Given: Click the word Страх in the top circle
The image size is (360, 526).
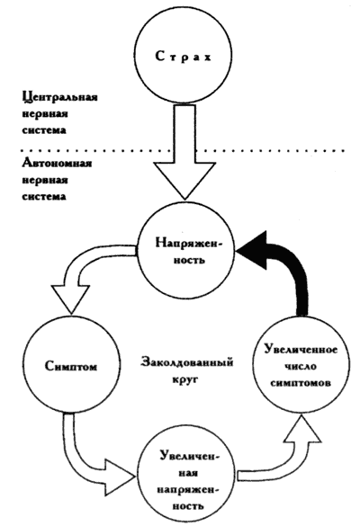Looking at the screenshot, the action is [x=183, y=57].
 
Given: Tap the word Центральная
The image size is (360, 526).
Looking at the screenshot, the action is [x=60, y=97].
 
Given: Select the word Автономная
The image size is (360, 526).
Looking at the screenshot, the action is [x=57, y=164].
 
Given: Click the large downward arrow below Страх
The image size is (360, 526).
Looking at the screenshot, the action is [x=184, y=152].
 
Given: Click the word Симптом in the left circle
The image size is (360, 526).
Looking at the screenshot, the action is [x=71, y=366].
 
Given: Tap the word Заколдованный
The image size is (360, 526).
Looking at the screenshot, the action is [x=186, y=362].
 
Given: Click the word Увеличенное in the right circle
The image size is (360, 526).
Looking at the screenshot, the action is [x=301, y=349].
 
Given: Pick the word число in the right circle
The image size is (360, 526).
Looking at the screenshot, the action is [x=301, y=366].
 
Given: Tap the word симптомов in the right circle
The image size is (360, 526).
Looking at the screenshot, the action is [x=301, y=383].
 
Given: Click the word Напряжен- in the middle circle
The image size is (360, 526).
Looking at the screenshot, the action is [x=189, y=243].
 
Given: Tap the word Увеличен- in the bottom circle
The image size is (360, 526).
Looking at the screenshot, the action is [x=189, y=456].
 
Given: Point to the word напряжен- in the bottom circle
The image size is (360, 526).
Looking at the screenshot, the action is [x=188, y=489].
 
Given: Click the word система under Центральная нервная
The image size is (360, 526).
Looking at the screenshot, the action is [x=44, y=130].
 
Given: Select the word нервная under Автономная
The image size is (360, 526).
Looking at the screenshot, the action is [x=45, y=180].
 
